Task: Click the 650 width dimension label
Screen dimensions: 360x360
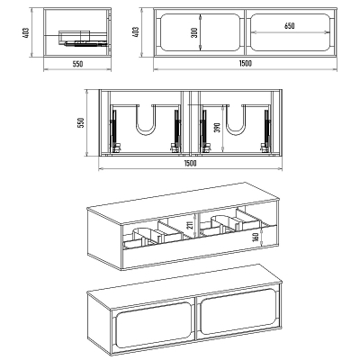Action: [289, 26]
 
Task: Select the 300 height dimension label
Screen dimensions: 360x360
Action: [194, 32]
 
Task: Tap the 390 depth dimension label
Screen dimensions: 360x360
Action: [218, 128]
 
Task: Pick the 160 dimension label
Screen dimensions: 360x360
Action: [256, 237]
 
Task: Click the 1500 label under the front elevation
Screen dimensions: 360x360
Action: [246, 63]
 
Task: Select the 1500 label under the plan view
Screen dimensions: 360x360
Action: [190, 163]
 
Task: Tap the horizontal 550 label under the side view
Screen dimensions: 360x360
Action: [77, 64]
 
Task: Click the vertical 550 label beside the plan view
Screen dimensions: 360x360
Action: [81, 123]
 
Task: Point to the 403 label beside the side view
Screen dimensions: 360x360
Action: [25, 32]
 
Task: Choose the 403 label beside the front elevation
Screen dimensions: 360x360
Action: [136, 32]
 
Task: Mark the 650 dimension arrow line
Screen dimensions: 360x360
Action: [289, 31]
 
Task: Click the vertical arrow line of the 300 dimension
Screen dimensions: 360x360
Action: [200, 32]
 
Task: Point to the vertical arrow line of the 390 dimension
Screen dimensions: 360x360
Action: [222, 129]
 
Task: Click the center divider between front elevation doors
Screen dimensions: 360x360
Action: [245, 32]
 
